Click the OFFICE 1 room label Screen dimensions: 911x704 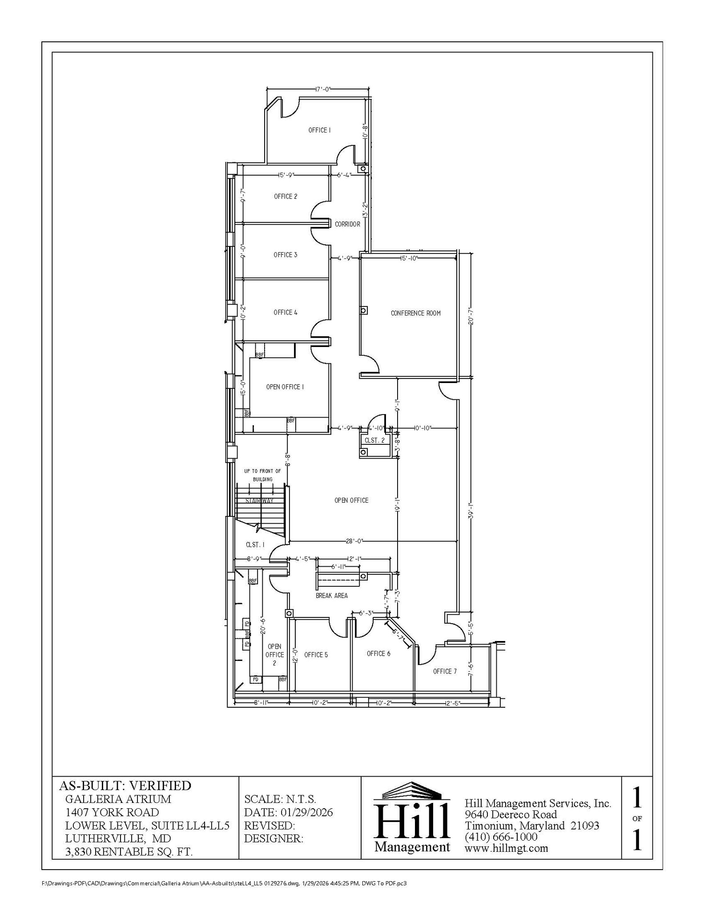(319, 130)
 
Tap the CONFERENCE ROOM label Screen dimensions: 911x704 (415, 313)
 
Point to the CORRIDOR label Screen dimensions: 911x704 (347, 224)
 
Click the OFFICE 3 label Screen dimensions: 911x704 (286, 255)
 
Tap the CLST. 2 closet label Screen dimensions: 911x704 (375, 440)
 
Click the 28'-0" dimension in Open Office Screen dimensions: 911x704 (354, 541)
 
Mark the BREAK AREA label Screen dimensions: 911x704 (331, 596)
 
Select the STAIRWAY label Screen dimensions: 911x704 (260, 501)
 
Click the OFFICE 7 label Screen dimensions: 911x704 (445, 671)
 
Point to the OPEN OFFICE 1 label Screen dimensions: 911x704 (285, 387)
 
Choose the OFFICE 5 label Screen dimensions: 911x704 (316, 655)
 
